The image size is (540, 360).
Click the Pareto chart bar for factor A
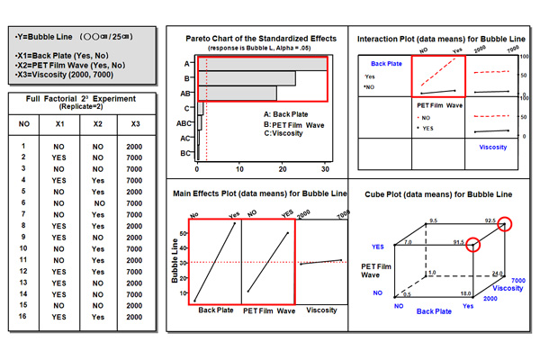261,64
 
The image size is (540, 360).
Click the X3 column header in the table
133,122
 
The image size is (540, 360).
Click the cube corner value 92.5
490,220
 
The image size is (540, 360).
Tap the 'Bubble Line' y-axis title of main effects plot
175,260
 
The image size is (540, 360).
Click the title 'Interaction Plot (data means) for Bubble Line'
440,39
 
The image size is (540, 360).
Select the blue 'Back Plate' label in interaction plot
386,65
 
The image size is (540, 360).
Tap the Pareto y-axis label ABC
184,123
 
